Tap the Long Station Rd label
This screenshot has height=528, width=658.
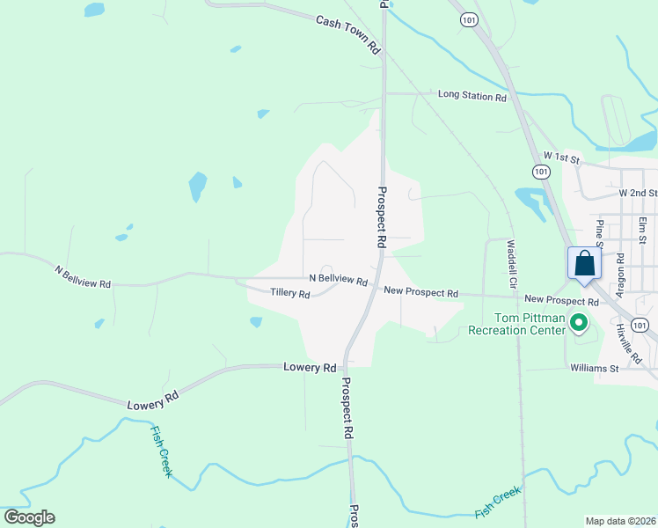point(472,96)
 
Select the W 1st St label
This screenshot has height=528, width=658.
point(562,159)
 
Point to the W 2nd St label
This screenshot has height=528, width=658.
point(638,192)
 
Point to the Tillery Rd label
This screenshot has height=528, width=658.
point(289,293)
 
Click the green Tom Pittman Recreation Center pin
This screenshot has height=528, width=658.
point(579,324)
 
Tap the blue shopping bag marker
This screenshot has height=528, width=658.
point(584,265)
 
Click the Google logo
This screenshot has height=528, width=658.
point(29,517)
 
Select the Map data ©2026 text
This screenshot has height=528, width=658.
point(620,521)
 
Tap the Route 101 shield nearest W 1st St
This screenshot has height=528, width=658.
point(540,171)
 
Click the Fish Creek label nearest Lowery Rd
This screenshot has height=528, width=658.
point(162,451)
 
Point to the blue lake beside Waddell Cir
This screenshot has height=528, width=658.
point(531,202)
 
